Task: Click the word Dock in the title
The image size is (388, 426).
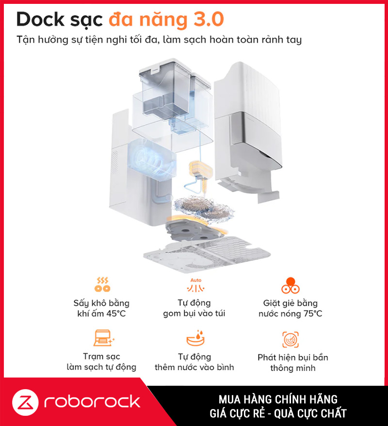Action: [x=40, y=19]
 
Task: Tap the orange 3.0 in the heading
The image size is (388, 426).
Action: [x=209, y=19]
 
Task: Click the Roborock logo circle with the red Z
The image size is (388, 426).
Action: [x=25, y=402]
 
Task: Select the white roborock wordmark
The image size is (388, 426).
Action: [x=92, y=402]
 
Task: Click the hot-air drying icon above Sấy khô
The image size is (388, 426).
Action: [x=102, y=284]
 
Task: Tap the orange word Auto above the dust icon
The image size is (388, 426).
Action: [x=196, y=280]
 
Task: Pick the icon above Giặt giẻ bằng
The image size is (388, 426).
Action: [x=290, y=285]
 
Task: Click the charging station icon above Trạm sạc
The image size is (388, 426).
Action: [x=104, y=338]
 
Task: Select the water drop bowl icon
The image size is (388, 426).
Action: [x=195, y=338]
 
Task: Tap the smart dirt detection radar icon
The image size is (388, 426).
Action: [x=290, y=339]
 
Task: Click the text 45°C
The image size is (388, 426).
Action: [x=116, y=314]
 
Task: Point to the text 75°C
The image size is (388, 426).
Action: [x=313, y=314]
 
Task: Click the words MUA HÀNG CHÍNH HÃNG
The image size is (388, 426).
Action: [x=278, y=399]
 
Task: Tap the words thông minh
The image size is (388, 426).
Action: [x=292, y=368]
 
